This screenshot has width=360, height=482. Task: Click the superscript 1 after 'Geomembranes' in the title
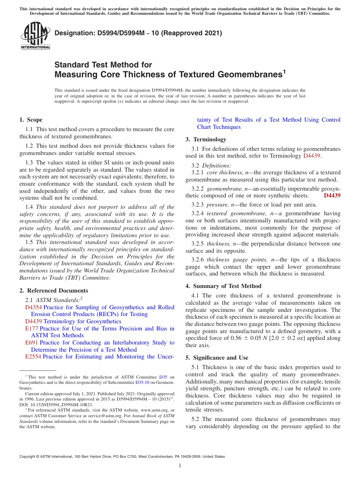pyautogui.click(x=284, y=71)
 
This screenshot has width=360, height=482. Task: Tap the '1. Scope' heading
pyautogui.click(x=31, y=120)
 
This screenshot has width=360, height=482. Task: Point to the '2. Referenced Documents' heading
pyautogui.click(x=53, y=291)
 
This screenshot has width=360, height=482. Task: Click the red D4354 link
pyautogui.click(x=33, y=307)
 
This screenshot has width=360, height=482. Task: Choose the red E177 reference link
pyautogui.click(x=31, y=329)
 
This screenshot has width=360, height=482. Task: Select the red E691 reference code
pyautogui.click(x=31, y=343)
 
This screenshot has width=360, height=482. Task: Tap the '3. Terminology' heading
pyautogui.click(x=206, y=139)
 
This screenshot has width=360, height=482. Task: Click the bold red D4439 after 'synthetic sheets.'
pyautogui.click(x=332, y=196)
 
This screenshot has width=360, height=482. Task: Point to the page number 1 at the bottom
pyautogui.click(x=180, y=466)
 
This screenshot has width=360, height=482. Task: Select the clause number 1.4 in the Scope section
pyautogui.click(x=29, y=207)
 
